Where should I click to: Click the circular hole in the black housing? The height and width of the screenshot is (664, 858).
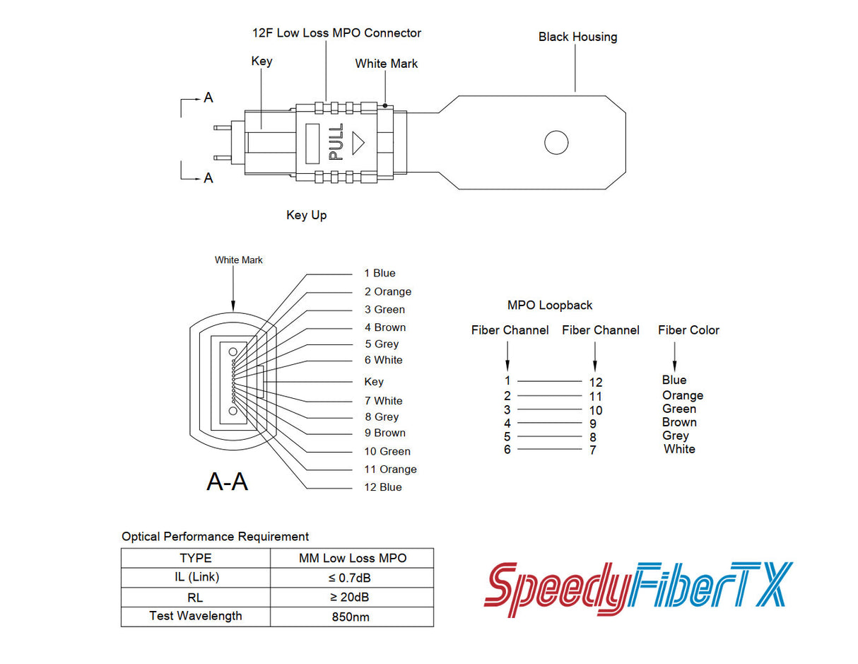coord(556,142)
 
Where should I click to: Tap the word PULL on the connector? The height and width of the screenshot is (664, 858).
coord(336,141)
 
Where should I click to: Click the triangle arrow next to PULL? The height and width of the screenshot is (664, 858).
coord(358,142)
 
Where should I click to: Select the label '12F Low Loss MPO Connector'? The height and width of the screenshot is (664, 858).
coord(336,33)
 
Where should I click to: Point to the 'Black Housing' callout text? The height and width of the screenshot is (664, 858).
coord(577,37)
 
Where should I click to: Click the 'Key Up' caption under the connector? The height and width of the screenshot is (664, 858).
coord(306,215)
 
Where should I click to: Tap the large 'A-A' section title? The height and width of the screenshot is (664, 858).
coord(227,482)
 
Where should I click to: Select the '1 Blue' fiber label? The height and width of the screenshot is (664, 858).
coord(380,273)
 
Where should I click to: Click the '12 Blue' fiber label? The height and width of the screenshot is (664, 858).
coord(382,487)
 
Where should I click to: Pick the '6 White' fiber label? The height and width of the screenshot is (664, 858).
coord(383,360)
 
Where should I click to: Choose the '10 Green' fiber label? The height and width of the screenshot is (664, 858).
coord(387,451)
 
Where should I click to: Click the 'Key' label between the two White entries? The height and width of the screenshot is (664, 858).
coord(374,382)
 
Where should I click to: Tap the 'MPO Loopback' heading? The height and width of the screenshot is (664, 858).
coord(550,305)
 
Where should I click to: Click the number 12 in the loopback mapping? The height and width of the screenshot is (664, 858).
coord(595,383)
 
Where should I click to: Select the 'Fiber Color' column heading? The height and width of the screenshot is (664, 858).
coord(688,330)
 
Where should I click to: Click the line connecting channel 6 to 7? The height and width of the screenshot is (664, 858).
coord(550,449)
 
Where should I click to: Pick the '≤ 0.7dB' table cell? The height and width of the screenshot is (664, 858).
coord(351,578)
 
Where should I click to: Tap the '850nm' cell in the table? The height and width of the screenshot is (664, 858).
coord(351,617)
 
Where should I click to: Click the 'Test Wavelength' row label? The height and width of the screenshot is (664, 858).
coord(195,616)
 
